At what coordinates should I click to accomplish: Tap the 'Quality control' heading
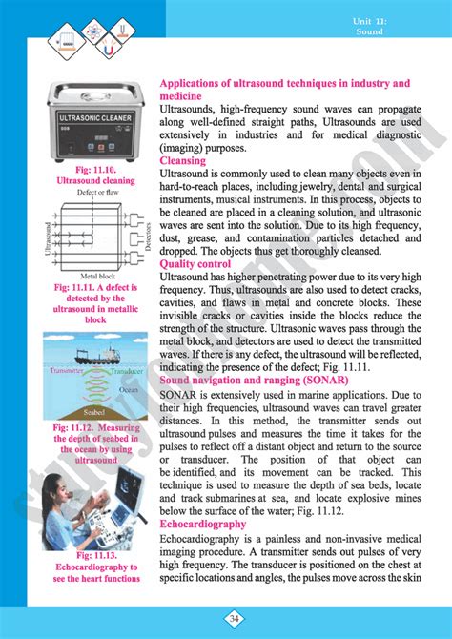195,263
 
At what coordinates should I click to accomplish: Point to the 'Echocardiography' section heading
204,524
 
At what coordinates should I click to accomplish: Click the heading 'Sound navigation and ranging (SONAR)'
254,379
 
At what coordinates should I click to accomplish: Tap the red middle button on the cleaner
94,150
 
